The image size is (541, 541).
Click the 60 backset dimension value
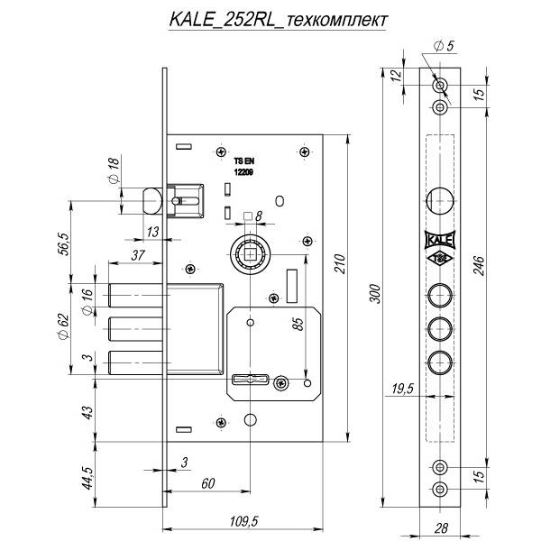208,483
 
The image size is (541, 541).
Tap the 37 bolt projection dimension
138,256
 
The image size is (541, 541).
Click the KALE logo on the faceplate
439,240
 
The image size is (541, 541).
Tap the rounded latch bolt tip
150,197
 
